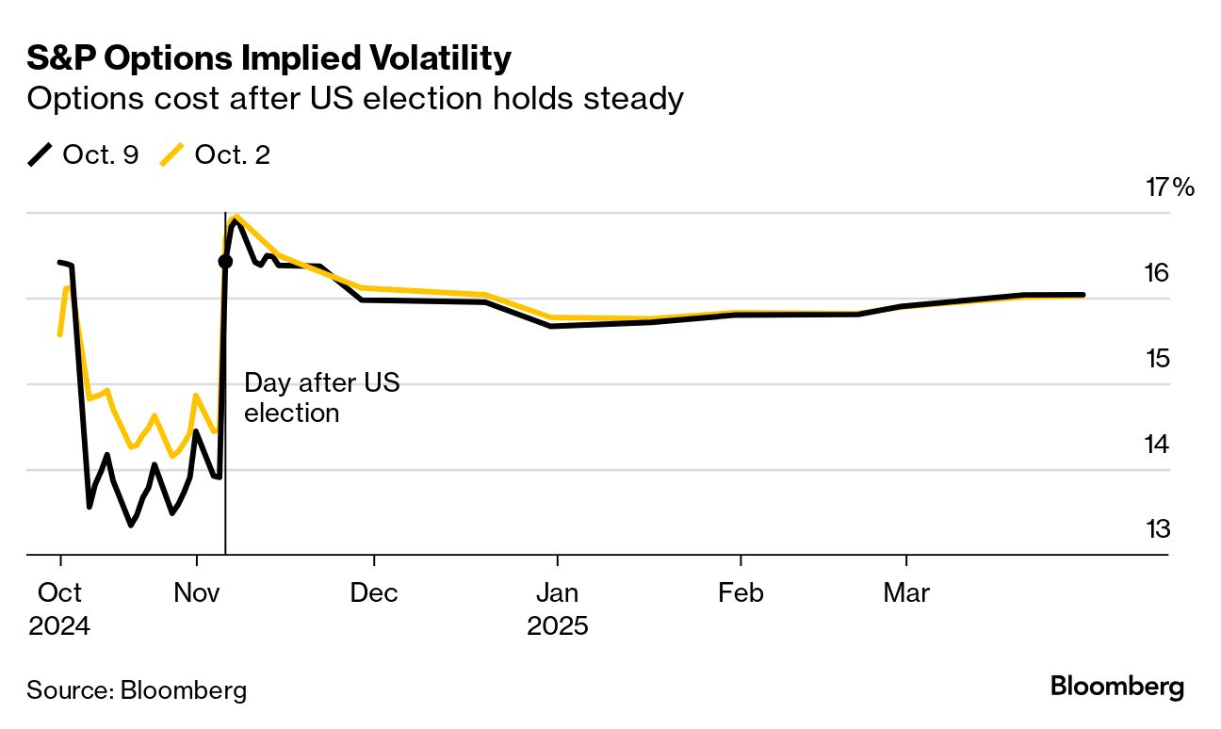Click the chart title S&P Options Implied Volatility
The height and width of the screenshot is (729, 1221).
coord(269,59)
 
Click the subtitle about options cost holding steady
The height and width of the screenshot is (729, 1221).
coord(354,99)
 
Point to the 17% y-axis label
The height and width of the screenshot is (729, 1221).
coord(1169,187)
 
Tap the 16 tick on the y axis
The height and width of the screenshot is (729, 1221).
coord(1158,273)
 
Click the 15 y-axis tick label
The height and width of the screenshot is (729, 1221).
coord(1158,359)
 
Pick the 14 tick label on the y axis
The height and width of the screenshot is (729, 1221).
coord(1158,444)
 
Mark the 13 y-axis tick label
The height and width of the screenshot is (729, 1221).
coord(1158,529)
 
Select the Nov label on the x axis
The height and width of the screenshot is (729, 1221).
coord(197,593)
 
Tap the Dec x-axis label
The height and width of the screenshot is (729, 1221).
coord(374,593)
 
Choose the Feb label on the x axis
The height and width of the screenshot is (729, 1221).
coord(741,593)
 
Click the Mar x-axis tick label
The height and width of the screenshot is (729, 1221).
coord(906,593)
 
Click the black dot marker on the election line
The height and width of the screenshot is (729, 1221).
coord(225,261)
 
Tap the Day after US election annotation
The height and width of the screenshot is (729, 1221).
coord(321,397)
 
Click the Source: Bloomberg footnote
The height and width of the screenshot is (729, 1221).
coord(137,690)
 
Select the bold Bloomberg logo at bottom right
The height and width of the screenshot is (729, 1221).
coord(1117,687)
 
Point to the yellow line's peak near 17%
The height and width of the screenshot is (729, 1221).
coord(236,217)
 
